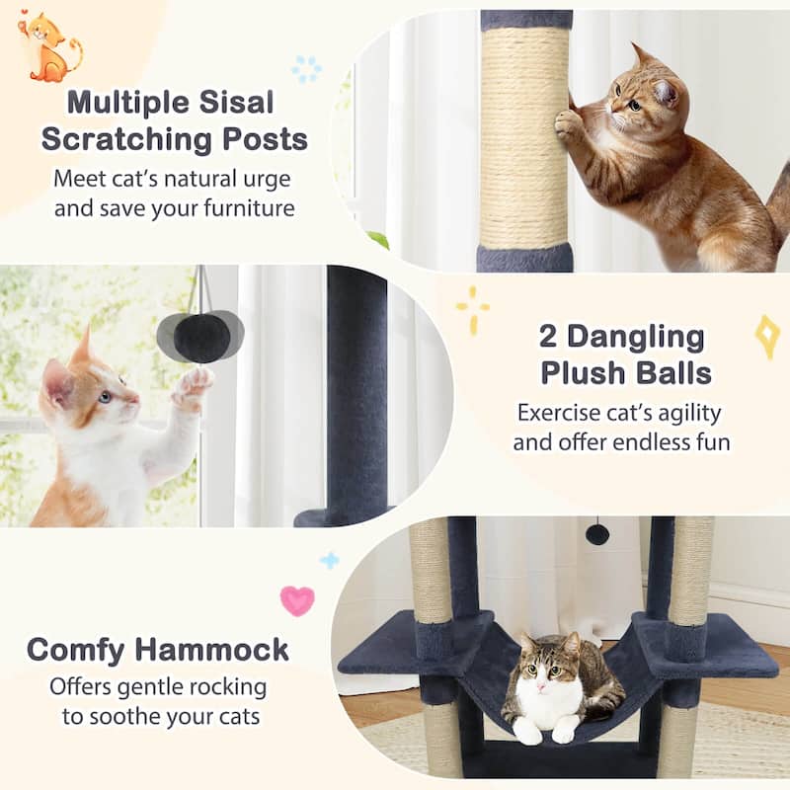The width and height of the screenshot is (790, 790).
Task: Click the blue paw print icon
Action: pyautogui.click(x=306, y=68)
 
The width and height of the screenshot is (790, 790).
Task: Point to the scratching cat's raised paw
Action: pyautogui.click(x=568, y=124)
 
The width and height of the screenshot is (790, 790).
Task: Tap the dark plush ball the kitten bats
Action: pyautogui.click(x=201, y=336)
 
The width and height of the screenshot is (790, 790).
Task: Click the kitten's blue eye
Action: pyautogui.click(x=105, y=396)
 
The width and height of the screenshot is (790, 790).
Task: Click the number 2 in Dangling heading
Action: pyautogui.click(x=549, y=336)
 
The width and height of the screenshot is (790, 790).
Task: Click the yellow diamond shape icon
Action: pyautogui.click(x=767, y=336)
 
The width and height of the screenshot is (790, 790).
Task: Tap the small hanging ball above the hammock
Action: pyautogui.click(x=597, y=534)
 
